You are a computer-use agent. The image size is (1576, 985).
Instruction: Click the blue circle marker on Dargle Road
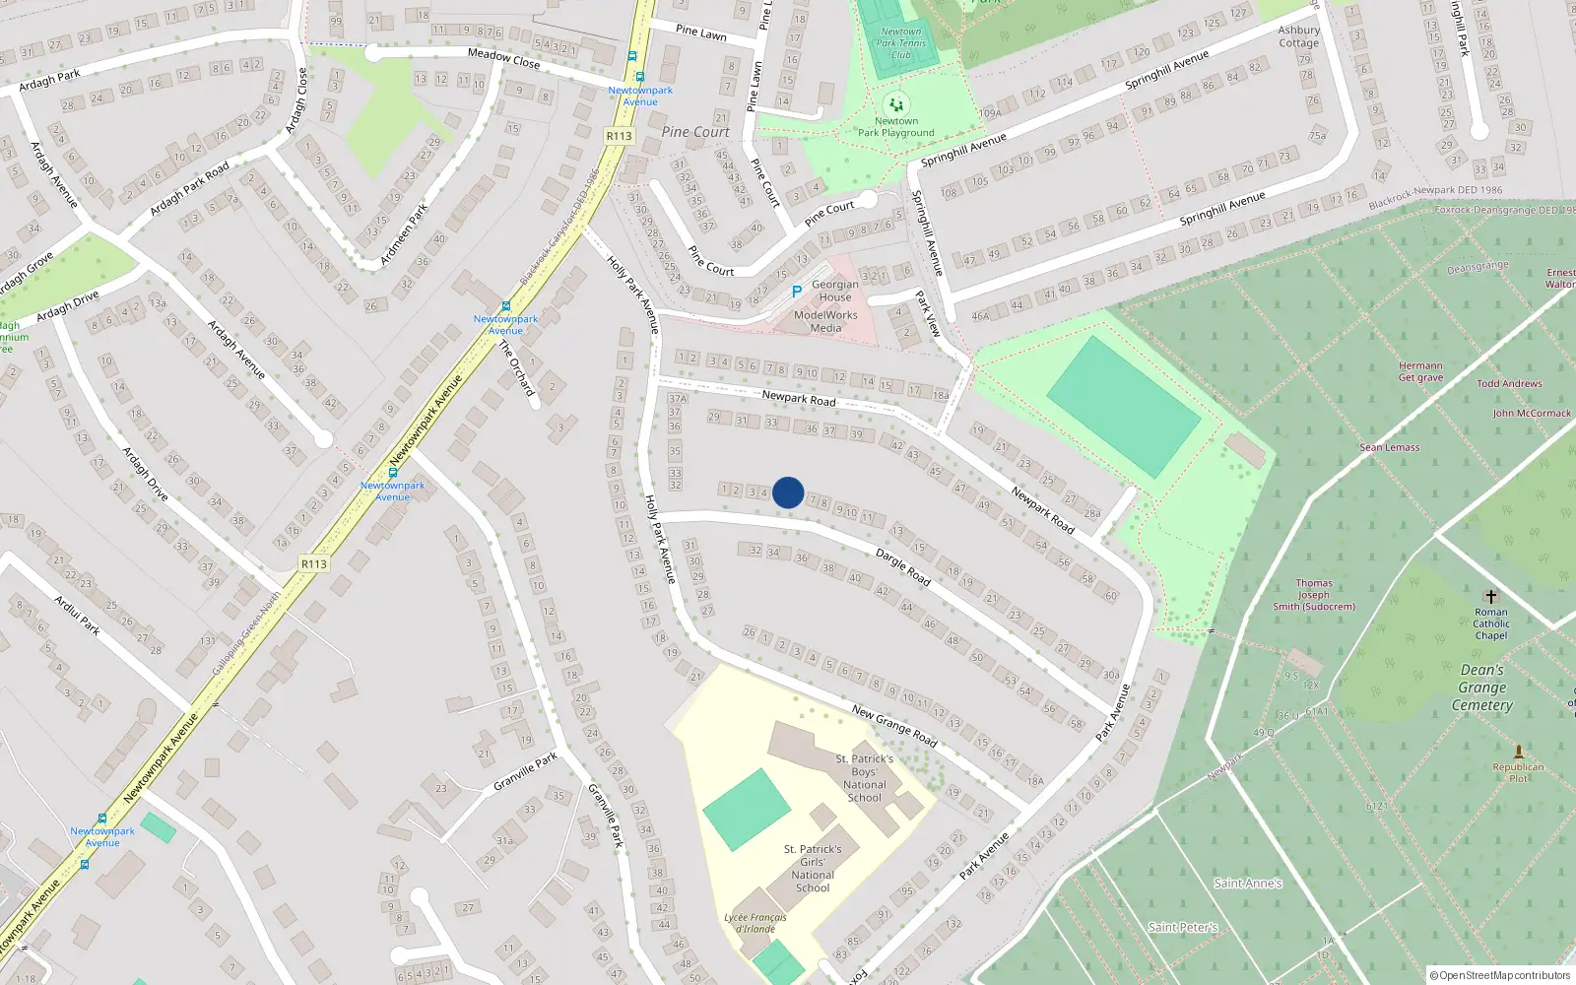pos(788,492)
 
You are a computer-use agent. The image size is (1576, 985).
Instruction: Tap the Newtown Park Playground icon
pos(895,104)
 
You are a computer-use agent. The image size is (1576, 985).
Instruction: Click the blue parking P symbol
pos(797,292)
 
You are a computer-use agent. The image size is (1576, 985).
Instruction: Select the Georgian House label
pos(835,291)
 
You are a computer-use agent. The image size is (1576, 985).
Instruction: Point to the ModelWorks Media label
pos(825,321)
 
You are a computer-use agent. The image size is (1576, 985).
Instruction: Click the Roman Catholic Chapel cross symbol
pos(1491,597)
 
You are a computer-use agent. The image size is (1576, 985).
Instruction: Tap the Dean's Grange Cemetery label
pos(1482,688)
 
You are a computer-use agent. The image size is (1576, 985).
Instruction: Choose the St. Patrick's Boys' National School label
pos(865,778)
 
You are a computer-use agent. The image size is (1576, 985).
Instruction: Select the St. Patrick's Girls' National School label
pos(813,868)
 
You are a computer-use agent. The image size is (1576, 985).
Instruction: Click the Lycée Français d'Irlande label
pos(755,923)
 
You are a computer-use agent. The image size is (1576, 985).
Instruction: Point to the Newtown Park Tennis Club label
pos(900,43)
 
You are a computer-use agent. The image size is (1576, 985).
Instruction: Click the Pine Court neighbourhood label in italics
pos(695,132)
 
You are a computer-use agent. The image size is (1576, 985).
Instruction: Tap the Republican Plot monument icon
pos(1518,753)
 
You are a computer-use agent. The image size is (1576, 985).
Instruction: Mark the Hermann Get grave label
pos(1420,371)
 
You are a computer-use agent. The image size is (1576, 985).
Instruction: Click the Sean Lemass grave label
pos(1390,447)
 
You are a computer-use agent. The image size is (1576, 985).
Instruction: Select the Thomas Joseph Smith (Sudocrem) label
pos(1314,595)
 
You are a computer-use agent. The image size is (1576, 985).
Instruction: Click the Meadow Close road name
pos(503,58)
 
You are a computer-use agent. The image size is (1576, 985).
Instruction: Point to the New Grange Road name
pos(894,725)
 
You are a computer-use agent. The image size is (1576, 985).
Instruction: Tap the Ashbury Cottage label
pos(1298,36)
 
